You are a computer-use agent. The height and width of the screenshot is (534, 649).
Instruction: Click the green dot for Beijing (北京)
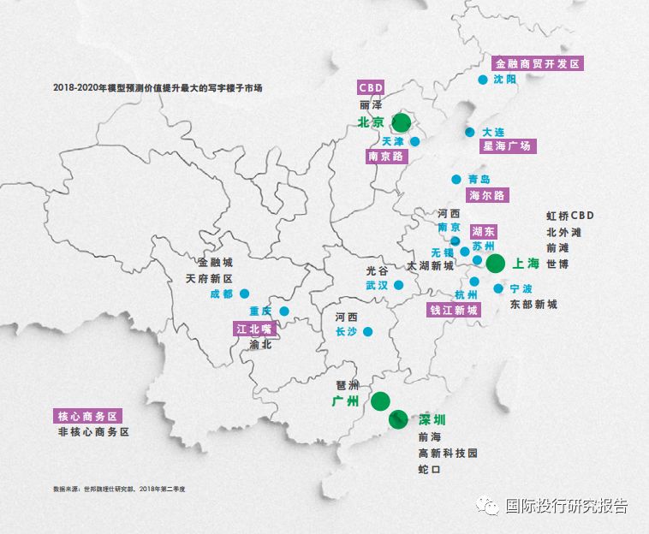402,123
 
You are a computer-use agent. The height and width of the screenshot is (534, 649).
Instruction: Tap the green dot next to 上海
496,264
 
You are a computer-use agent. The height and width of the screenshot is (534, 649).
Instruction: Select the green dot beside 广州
381,400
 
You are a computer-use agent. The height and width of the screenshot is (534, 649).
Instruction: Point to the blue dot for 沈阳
482,80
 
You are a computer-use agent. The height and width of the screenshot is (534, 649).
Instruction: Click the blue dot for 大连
470,132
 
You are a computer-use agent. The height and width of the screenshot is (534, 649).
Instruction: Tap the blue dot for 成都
244,294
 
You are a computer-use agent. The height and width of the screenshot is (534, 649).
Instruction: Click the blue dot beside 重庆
284,311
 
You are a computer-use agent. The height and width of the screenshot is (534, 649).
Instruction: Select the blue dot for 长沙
367,332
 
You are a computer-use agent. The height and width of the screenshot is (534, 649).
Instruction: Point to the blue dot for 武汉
399,285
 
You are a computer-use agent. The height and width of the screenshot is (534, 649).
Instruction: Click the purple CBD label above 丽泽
371,86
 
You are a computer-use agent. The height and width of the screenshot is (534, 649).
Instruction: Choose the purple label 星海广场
507,146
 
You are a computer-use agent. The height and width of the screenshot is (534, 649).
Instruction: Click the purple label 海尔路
487,195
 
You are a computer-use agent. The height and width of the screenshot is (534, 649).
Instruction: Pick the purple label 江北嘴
253,328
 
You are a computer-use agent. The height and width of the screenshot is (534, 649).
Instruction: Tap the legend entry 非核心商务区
93,432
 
